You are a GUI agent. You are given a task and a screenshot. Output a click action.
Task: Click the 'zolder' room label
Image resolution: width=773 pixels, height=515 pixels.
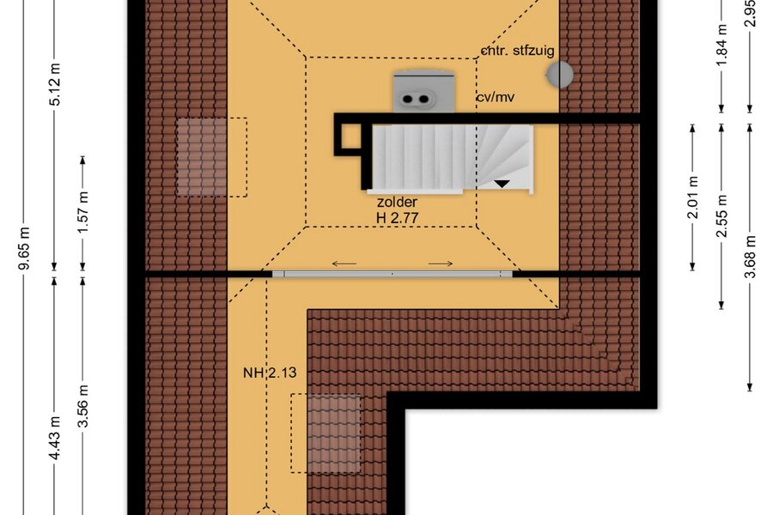(397, 202)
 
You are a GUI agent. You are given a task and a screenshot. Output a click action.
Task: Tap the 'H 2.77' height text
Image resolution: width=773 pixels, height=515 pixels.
(398, 218)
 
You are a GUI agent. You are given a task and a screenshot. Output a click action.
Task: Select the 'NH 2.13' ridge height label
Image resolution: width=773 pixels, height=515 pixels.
(270, 373)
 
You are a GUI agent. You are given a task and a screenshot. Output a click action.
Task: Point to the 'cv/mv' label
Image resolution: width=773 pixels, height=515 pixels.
(495, 97)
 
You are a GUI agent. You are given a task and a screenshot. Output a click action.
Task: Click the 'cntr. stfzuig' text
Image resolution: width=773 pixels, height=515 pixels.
(518, 51)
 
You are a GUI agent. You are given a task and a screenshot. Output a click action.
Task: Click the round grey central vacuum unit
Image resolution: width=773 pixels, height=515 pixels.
(559, 75)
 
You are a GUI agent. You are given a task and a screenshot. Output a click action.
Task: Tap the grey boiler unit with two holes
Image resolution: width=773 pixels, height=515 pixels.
(423, 92)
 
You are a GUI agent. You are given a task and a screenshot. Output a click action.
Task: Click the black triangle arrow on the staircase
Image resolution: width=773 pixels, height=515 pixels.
(502, 184)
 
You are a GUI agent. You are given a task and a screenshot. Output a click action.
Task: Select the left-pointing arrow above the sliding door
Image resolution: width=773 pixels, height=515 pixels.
(344, 264)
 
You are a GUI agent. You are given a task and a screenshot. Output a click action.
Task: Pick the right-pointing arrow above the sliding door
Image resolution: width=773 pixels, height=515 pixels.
(441, 264)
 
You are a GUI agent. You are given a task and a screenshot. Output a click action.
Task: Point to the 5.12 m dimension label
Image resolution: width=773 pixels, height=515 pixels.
(55, 84)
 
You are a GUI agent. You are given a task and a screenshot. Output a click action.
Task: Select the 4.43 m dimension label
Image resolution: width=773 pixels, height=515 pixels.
(55, 438)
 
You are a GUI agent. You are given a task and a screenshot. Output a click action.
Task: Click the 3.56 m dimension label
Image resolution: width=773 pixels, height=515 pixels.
(83, 406)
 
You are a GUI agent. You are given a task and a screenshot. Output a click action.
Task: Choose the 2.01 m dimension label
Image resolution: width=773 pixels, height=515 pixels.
(693, 197)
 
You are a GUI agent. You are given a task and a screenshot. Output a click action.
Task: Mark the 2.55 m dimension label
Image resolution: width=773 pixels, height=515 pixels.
(721, 215)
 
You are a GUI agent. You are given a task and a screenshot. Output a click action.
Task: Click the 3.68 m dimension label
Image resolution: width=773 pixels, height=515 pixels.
(750, 257)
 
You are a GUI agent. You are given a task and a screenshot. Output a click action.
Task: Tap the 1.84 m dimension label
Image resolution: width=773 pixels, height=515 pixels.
(721, 45)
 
